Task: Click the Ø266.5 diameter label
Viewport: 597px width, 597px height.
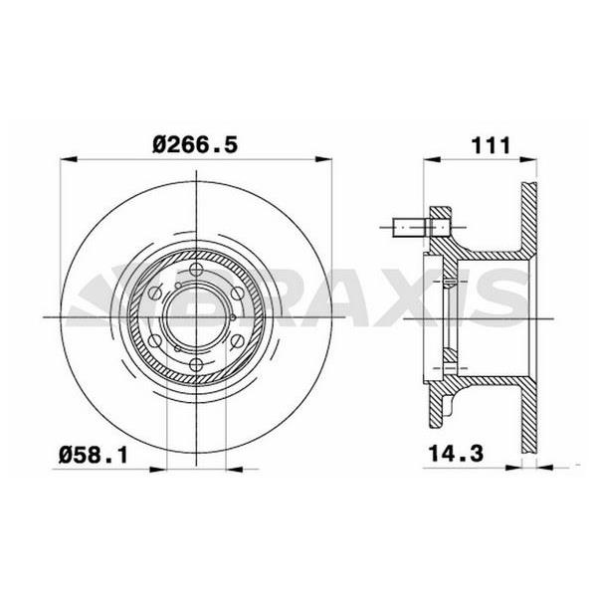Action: (x=195, y=145)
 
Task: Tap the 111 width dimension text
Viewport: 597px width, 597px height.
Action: (x=491, y=145)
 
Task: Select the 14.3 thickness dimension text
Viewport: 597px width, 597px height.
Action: (x=456, y=454)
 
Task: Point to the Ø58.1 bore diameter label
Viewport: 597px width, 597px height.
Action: (x=93, y=456)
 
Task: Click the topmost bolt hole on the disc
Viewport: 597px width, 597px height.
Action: (x=196, y=270)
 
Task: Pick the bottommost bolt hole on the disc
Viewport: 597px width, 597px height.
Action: (x=196, y=365)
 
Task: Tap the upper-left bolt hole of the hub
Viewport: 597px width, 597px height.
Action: (x=154, y=293)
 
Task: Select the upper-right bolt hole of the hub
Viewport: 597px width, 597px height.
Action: (x=237, y=293)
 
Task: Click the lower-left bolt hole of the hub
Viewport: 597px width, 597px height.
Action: (x=154, y=341)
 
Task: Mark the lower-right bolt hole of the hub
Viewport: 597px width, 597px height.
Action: (x=237, y=341)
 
